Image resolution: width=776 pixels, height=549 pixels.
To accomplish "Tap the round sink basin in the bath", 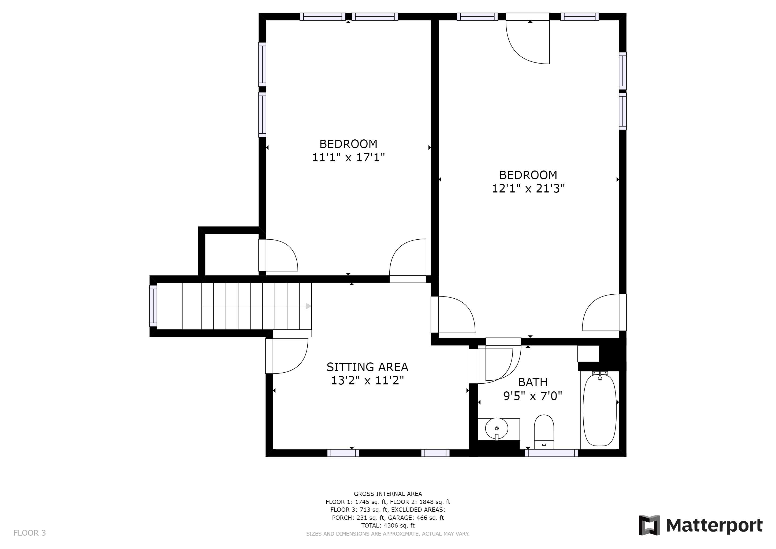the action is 497,428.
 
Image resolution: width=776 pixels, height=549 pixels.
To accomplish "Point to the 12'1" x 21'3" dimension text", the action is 528,188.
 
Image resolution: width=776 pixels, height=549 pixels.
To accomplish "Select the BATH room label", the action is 533,382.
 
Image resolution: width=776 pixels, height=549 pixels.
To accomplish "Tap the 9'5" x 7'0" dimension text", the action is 533,396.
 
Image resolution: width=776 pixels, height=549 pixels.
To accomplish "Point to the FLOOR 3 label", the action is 30,533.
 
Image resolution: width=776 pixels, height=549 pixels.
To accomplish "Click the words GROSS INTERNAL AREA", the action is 388,494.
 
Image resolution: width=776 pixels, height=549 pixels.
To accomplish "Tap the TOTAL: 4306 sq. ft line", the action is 388,526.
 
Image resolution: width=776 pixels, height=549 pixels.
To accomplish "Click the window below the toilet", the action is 551,453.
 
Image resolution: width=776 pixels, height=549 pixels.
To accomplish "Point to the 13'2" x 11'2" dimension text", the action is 367,381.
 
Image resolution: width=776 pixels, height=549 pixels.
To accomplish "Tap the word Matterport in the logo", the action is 714,526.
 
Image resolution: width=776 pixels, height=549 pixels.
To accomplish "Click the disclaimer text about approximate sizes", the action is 388,534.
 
